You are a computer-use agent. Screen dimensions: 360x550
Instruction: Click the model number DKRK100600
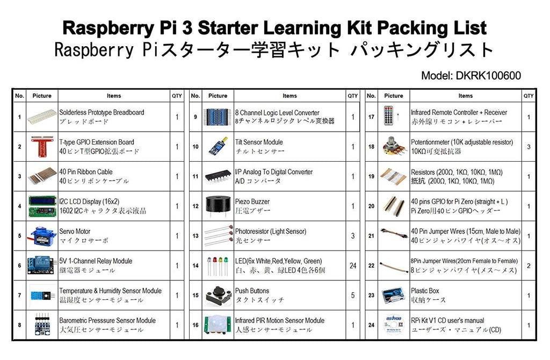point(471,76)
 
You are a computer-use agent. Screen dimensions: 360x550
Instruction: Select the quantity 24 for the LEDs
point(352,265)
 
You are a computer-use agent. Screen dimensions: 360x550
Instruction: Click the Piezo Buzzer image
point(218,206)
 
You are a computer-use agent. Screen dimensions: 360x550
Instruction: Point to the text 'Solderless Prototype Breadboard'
point(102,112)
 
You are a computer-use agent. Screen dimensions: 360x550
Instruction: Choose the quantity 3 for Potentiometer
point(529,146)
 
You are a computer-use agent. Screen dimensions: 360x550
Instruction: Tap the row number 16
point(195,325)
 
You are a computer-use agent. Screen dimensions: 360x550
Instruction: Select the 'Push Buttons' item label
point(252,291)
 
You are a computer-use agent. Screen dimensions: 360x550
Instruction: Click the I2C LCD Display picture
point(42,206)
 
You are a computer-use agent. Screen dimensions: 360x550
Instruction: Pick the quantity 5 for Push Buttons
point(352,295)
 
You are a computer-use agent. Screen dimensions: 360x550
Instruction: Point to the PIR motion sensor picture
point(218,325)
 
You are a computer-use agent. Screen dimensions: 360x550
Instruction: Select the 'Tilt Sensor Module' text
point(259,142)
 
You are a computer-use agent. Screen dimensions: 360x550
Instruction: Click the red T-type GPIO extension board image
point(42,146)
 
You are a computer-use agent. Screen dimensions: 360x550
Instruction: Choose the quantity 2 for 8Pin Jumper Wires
point(529,265)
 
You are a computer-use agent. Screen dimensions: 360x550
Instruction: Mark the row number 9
point(195,117)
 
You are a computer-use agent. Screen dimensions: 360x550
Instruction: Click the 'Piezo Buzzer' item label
point(252,201)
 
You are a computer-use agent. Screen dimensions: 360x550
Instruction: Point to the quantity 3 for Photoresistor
point(352,235)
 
